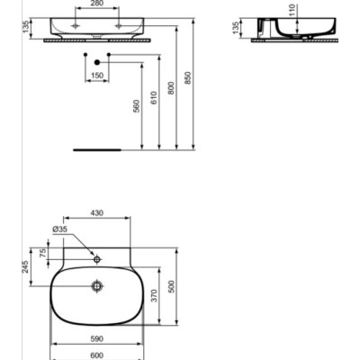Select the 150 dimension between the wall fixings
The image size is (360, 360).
pos(96,76)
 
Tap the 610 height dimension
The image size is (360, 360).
pos(154,96)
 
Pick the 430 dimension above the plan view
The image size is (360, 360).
pos(97,213)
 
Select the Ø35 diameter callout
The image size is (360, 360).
pos(59,230)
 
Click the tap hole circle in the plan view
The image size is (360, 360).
pos(97,260)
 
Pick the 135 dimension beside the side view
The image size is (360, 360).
pos(236,28)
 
